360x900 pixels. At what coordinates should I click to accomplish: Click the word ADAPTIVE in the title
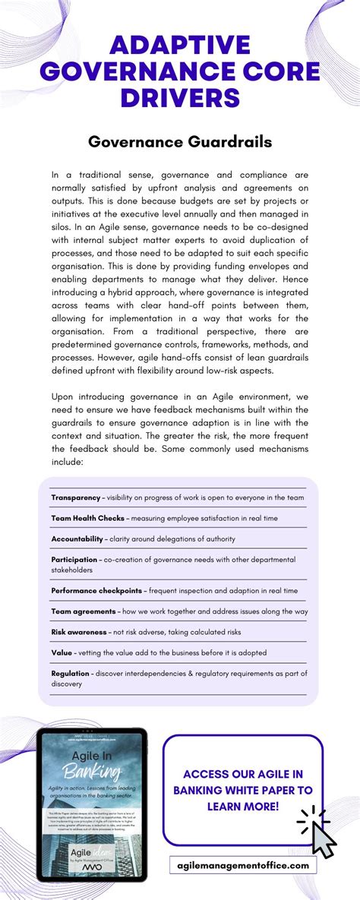coord(180,46)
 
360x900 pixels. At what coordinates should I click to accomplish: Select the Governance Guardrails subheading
coord(180,142)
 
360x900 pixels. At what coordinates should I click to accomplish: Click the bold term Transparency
coord(75,497)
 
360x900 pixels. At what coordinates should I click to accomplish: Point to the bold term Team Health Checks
coord(87,518)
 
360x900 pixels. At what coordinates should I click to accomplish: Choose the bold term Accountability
coord(77,538)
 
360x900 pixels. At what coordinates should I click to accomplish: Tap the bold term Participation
coord(74,559)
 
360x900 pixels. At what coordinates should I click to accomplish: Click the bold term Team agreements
coord(84,611)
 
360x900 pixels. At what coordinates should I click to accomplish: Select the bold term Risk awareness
coord(79,631)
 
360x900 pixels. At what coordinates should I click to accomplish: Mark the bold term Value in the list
coord(62,652)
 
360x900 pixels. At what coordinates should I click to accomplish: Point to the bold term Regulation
coord(70,673)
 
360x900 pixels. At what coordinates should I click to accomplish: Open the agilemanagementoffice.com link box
coord(243,865)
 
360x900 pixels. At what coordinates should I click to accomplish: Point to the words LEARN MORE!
coord(243,805)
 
